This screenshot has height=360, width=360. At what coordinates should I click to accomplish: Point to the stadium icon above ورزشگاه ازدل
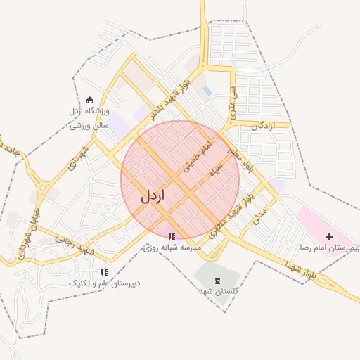[x=89, y=100]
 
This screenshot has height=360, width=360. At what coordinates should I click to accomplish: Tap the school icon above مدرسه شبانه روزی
[x=172, y=236]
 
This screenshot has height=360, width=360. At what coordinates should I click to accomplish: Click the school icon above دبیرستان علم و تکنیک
[x=104, y=272]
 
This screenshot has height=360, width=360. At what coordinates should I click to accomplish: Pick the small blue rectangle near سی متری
[x=207, y=91]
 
